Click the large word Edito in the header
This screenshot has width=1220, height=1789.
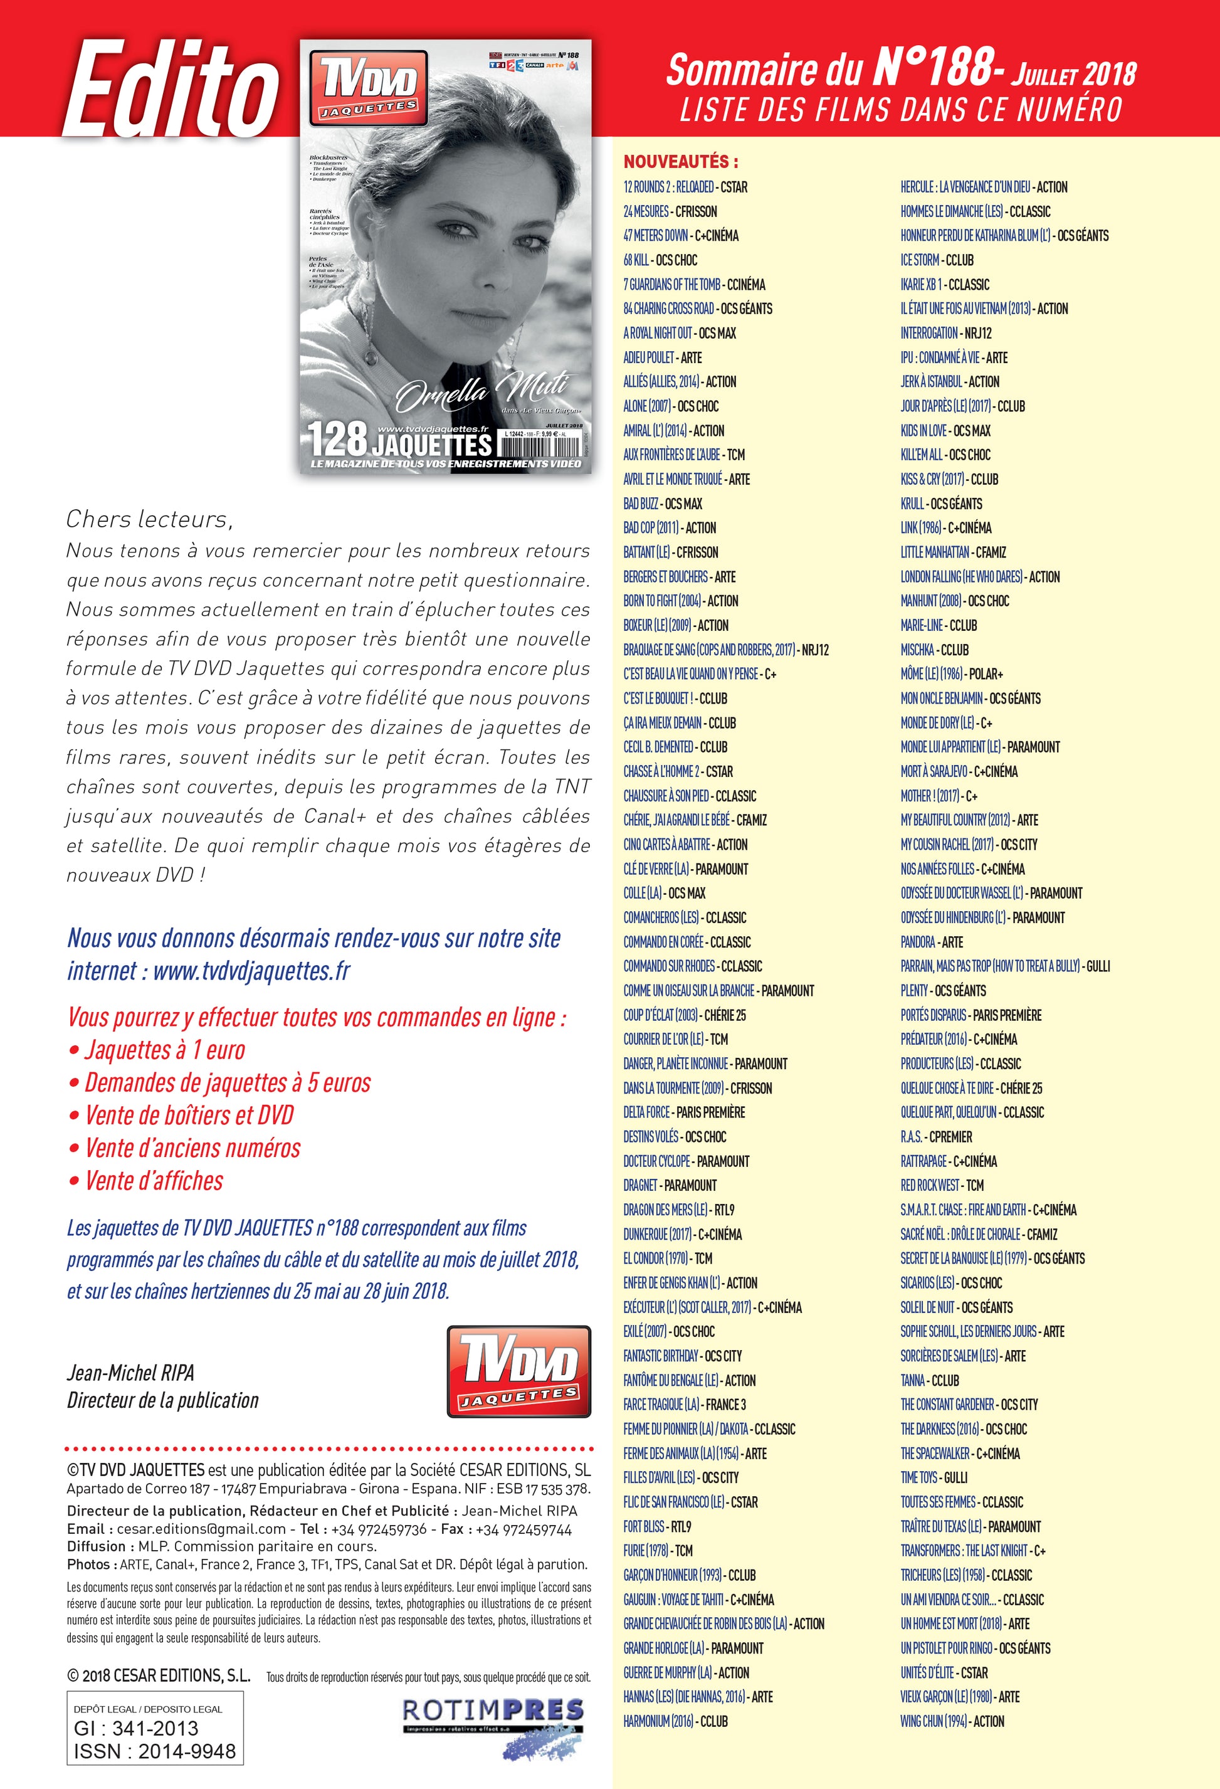(171, 91)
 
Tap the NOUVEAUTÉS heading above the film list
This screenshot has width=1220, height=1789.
(680, 162)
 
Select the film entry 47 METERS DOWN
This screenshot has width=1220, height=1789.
(680, 236)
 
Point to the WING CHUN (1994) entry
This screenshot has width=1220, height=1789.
(952, 1721)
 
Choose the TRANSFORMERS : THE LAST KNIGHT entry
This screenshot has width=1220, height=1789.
(973, 1550)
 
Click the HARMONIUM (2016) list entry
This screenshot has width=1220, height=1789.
(675, 1721)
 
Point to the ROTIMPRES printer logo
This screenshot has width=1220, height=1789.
(493, 1711)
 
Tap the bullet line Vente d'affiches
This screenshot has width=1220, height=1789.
(154, 1181)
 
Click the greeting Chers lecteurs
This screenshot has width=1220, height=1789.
(149, 520)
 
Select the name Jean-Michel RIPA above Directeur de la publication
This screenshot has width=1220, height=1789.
(131, 1373)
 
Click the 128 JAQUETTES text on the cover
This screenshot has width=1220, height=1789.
(399, 440)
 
